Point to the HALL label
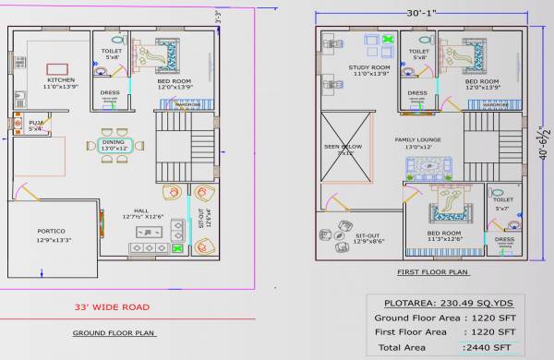point(140,210)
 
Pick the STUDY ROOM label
point(369,67)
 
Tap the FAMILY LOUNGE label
point(417,140)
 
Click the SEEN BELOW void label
point(343,147)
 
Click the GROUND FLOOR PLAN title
point(114,333)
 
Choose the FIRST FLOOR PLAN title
point(431,273)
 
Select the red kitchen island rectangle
point(56,69)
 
